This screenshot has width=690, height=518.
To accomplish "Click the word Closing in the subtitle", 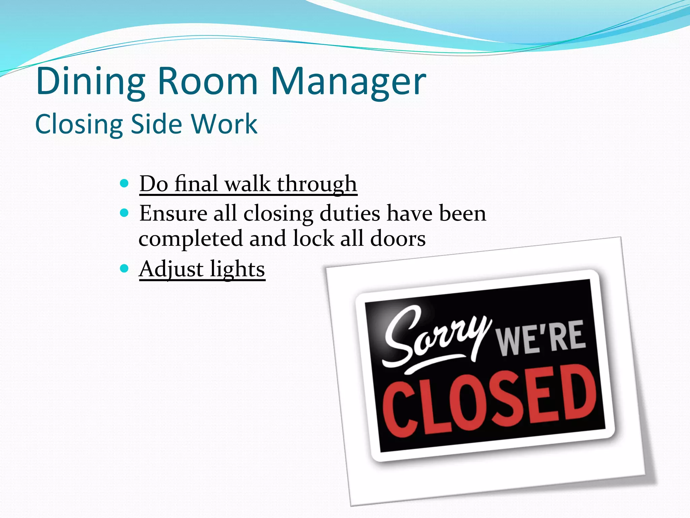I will [79, 124].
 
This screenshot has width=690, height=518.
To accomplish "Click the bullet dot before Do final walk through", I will [124, 183].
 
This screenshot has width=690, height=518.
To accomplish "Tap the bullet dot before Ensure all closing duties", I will [124, 213].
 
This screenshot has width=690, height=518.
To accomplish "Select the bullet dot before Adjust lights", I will [124, 269].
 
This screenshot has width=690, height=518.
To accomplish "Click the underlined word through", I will [317, 184].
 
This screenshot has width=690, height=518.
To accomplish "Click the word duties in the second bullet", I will [350, 213].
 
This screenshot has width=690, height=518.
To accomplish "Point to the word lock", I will [313, 239].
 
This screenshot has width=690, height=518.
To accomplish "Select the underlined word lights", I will [238, 269].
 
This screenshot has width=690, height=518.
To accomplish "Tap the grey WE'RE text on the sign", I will [541, 338].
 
